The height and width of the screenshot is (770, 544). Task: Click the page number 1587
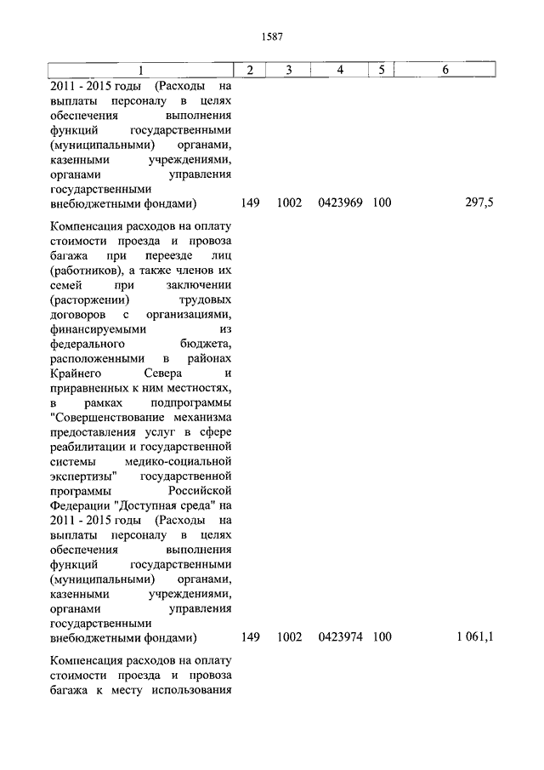(272, 37)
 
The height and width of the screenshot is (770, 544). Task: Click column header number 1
(141, 70)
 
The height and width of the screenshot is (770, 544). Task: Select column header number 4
(340, 70)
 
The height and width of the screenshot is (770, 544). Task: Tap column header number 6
(445, 70)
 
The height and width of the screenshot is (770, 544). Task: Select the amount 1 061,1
(474, 636)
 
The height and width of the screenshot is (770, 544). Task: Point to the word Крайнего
(75, 374)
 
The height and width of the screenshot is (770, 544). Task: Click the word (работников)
(85, 272)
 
